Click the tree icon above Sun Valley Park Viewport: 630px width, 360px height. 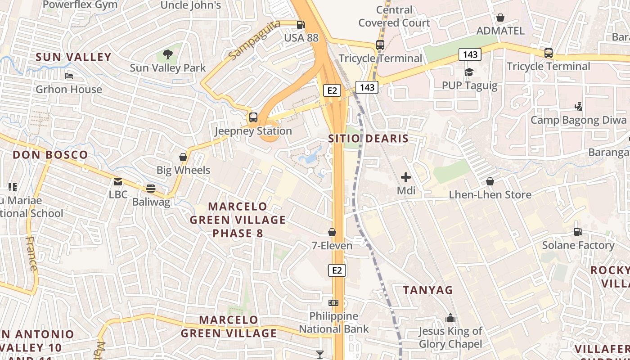point(168,55)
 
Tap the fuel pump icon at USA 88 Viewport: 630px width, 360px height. point(301,25)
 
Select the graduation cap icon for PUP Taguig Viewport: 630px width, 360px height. point(469,72)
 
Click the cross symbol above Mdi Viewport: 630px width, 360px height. point(406,177)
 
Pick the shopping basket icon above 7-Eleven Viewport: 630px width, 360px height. point(332,232)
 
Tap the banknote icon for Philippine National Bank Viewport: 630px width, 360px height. point(333,303)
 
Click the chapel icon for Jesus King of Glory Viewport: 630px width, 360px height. point(450,318)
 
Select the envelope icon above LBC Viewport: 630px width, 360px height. point(118,182)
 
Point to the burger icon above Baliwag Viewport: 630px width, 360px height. point(151,189)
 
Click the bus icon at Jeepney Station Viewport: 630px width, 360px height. point(253,117)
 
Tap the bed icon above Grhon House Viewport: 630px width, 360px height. point(69,76)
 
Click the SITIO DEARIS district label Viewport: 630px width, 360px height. point(368,139)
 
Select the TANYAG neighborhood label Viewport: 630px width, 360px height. point(427,290)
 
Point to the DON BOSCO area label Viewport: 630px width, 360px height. point(50,155)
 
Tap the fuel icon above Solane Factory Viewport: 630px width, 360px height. point(578,232)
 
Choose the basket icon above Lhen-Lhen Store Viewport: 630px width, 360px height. point(490,181)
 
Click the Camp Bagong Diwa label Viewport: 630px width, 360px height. point(578,120)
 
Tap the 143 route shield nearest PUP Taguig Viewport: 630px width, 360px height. point(470,55)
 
